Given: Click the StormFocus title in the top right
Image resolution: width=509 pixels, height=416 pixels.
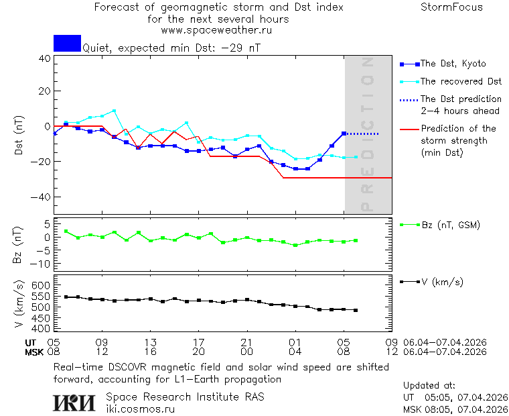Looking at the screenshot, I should tap(451, 7).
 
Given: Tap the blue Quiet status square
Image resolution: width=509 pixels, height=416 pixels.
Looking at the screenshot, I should tap(67, 44).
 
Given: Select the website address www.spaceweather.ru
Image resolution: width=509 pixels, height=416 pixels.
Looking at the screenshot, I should tap(216, 30).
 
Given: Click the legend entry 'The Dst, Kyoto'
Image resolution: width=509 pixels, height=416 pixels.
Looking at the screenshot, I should tap(453, 64).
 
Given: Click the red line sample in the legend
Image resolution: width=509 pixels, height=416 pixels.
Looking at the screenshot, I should tap(409, 129).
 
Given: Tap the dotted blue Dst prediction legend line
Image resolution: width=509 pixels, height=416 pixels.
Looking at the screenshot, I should tap(409, 99).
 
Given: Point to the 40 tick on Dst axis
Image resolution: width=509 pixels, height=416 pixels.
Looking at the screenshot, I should tap(44, 58).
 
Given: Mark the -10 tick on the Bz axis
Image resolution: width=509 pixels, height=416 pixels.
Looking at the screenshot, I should tap(42, 264).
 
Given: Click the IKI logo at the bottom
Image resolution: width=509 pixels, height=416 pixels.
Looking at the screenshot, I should tap(75, 402).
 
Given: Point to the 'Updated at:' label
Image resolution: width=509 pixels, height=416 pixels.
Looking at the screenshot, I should tap(429, 386).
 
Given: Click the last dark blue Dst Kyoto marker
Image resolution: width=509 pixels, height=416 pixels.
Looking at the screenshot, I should tap(344, 134).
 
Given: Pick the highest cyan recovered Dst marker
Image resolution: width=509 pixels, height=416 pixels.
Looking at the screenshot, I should tap(115, 111).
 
